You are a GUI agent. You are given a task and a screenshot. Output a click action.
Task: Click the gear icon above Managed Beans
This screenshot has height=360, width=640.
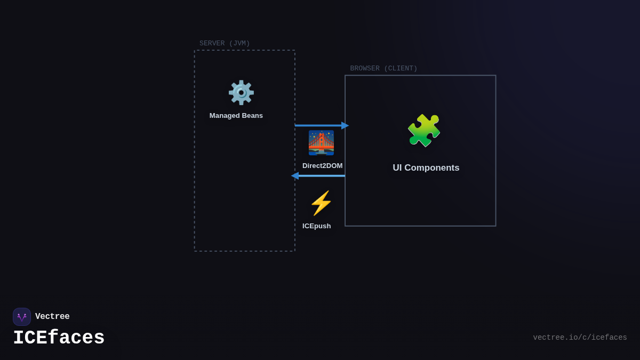241,93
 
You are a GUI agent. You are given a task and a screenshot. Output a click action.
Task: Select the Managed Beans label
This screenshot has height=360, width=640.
236,116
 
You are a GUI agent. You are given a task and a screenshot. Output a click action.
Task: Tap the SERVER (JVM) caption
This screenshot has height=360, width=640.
225,44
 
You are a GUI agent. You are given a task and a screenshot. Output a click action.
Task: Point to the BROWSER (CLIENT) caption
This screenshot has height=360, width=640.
383,69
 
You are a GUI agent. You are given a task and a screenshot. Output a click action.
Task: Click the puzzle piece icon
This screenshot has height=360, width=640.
424,131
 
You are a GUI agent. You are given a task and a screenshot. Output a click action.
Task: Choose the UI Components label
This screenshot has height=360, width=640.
426,168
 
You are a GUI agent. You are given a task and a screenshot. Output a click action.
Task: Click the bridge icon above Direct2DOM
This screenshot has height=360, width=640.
321,143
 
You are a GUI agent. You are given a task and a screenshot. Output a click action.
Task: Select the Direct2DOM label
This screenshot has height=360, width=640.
322,166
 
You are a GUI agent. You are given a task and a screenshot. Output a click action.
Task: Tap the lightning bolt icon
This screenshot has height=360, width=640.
321,203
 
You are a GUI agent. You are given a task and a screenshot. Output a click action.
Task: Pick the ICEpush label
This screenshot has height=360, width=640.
316,226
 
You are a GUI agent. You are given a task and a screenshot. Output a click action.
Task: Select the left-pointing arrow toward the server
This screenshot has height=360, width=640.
318,176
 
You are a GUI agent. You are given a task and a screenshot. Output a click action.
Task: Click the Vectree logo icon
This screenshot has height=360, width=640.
22,317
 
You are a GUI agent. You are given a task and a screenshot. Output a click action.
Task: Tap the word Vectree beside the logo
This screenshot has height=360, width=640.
52,317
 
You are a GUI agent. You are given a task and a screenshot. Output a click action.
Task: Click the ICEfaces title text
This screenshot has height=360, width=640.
59,338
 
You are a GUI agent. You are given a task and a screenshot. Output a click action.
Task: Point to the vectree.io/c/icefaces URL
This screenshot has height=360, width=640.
580,338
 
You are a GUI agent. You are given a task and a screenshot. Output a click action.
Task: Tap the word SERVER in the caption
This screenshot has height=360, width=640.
212,44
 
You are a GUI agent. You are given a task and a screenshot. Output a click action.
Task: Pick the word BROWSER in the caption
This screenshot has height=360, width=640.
365,69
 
